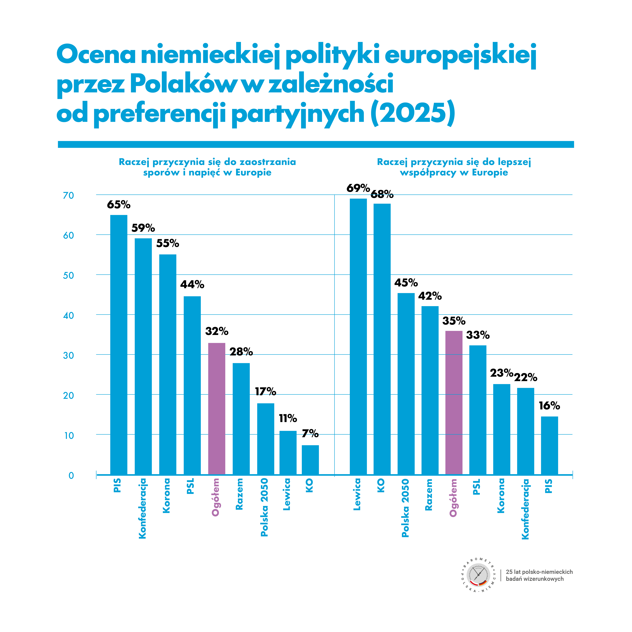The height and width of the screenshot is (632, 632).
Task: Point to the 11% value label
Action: [288, 418]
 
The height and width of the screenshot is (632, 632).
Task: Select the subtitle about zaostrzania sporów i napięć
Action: [207, 167]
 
